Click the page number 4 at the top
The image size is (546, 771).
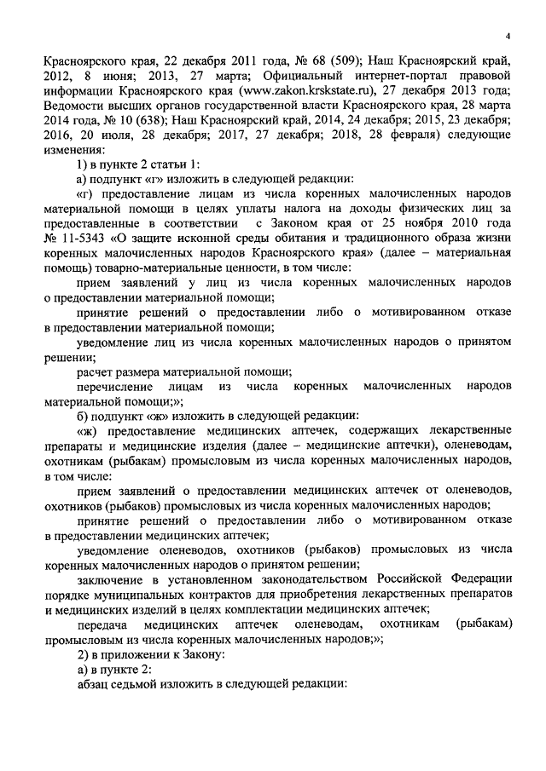click(x=507, y=37)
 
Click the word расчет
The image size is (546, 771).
click(x=95, y=371)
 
